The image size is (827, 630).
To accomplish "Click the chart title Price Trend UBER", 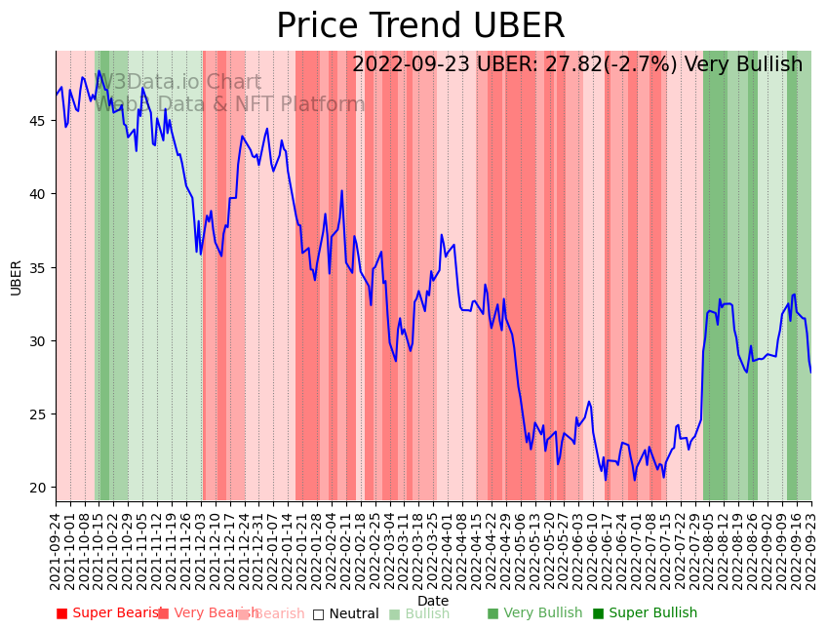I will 420,26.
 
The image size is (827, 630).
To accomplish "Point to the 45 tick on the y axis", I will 40,121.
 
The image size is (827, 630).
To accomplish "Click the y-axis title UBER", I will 17,277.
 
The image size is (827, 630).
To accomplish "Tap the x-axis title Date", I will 433,601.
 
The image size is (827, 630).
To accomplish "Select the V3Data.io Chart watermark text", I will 181,83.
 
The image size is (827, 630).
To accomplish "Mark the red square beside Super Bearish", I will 61,613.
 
